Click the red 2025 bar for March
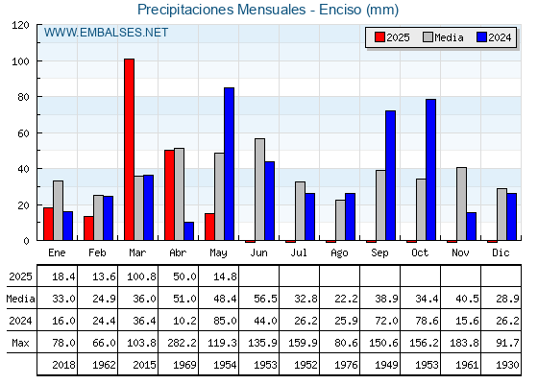pyautogui.click(x=130, y=150)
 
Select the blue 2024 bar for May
pyautogui.click(x=230, y=164)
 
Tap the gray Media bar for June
pyautogui.click(x=259, y=189)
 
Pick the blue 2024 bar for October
pyautogui.click(x=431, y=170)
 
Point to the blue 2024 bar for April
pyautogui.click(x=188, y=231)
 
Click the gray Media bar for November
pyautogui.click(x=461, y=204)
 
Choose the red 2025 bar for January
pyautogui.click(x=48, y=224)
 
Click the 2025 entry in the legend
pyautogui.click(x=392, y=37)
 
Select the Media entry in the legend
pyautogui.click(x=443, y=37)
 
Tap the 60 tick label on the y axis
pyautogui.click(x=23, y=133)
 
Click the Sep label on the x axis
pyautogui.click(x=379, y=253)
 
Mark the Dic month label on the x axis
pyautogui.click(x=501, y=252)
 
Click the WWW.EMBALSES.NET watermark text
pyautogui.click(x=106, y=33)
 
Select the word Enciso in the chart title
pyautogui.click(x=340, y=10)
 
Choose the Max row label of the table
pyautogui.click(x=20, y=343)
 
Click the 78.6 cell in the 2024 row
pyautogui.click(x=427, y=321)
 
